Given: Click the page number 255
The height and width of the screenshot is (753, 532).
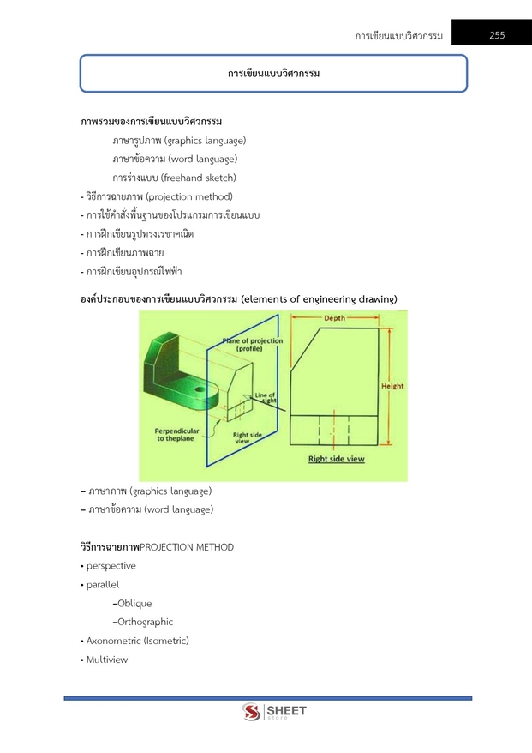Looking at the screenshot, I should click(497, 35).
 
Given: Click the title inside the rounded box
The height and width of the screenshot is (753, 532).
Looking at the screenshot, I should click(273, 74).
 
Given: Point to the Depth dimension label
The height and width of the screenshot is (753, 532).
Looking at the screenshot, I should click(335, 318).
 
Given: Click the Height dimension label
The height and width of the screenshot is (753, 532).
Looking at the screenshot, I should click(392, 386).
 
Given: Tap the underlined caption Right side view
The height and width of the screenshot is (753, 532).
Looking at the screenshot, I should click(337, 459).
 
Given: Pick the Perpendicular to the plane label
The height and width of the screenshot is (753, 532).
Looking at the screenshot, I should click(177, 434).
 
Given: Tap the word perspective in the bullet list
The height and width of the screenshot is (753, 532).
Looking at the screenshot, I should click(111, 566).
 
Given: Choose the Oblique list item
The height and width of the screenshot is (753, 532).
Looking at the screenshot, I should click(134, 603).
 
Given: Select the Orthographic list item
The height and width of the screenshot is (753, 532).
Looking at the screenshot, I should click(145, 622).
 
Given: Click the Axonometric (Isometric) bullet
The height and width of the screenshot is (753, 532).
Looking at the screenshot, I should click(137, 641).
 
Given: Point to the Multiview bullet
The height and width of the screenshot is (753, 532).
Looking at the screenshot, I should click(107, 660).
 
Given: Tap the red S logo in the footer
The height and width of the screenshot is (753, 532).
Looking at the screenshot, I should click(251, 713).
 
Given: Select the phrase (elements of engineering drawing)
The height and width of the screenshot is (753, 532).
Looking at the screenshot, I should click(320, 298).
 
